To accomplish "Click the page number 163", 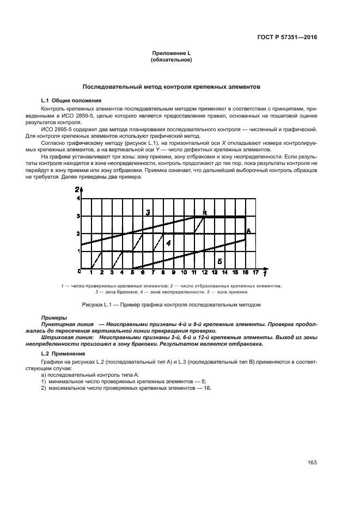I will (x=312, y=463).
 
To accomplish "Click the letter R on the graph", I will (x=205, y=212).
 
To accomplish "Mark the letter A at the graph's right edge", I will (x=248, y=231).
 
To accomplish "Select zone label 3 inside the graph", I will (x=148, y=212).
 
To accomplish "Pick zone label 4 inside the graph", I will (x=168, y=243).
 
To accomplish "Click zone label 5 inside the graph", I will (x=219, y=261).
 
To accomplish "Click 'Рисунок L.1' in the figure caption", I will (x=96, y=304).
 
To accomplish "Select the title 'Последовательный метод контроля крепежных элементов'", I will (x=170, y=87).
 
